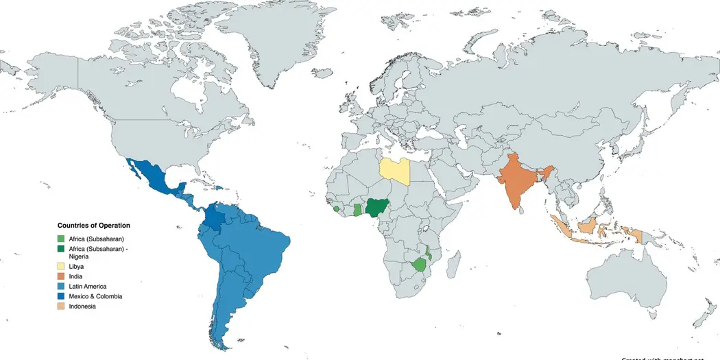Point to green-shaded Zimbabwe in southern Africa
click(419, 265)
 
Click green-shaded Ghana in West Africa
click(357, 209)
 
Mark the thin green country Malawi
click(427, 252)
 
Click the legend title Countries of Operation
click(94, 225)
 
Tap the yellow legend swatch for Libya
click(62, 266)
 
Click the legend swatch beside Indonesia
click(62, 307)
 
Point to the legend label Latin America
click(88, 286)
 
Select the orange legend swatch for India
click(62, 276)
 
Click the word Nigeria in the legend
click(80, 256)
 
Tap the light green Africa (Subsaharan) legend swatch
click(62, 238)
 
